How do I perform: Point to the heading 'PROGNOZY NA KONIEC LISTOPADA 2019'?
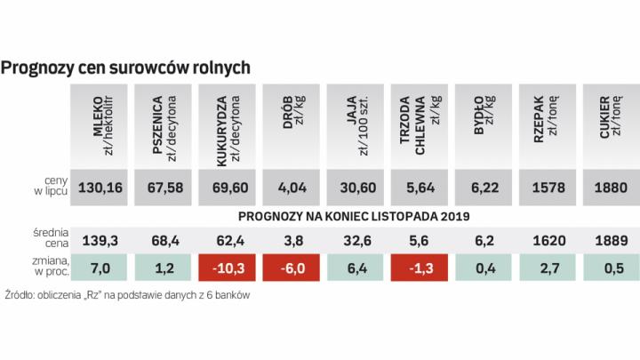(354, 216)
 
